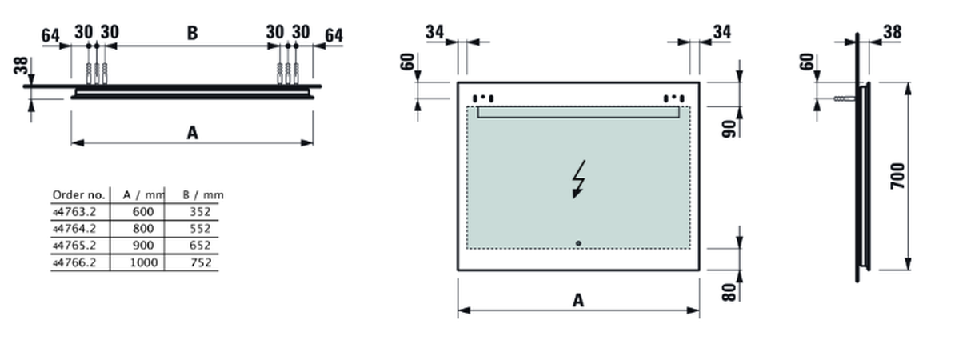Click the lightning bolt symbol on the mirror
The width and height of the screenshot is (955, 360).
[x=578, y=180]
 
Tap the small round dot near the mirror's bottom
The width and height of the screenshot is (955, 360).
[x=578, y=242]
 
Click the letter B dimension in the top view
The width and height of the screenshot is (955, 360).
[x=192, y=33]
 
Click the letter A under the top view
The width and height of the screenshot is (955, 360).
[x=192, y=132]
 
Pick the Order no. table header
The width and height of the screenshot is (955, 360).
[x=78, y=194]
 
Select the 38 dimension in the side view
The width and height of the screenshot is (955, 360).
[x=892, y=32]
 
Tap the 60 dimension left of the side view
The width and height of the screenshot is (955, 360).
[x=807, y=62]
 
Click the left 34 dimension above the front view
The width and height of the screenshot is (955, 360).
[x=435, y=32]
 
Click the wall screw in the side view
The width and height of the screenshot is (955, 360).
[x=843, y=98]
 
